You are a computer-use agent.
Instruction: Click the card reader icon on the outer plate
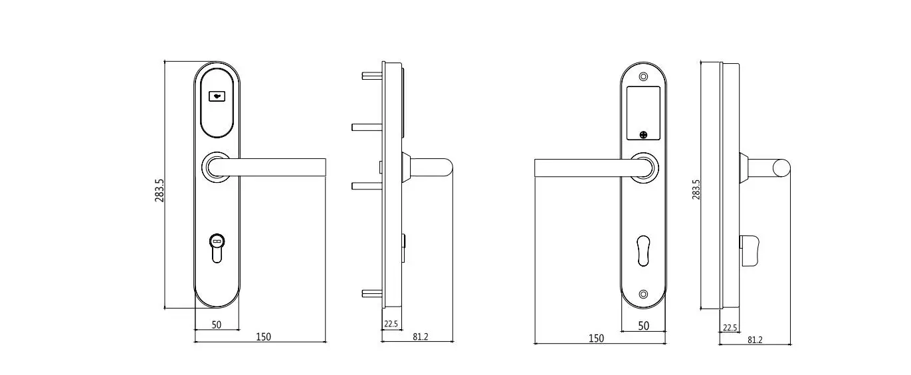click(217, 96)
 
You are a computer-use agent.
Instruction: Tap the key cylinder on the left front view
click(217, 247)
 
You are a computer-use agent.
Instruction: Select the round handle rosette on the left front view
click(216, 166)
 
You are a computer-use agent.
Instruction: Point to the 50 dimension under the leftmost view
click(216, 324)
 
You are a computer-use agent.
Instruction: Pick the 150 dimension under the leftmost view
click(263, 337)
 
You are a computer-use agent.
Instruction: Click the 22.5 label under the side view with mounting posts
click(391, 324)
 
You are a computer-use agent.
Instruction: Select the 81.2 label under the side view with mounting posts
click(420, 337)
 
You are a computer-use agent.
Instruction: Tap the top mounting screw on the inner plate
click(643, 76)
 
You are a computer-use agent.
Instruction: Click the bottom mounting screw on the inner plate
click(643, 295)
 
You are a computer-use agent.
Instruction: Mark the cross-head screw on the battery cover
click(643, 135)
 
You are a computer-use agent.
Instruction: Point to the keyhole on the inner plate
click(643, 251)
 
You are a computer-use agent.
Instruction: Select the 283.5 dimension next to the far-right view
click(696, 189)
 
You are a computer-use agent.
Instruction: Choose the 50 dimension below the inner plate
click(643, 325)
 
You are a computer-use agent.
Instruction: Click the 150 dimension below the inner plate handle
click(596, 338)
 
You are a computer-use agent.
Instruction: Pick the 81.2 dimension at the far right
click(755, 340)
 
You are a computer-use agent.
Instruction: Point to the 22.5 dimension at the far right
click(730, 328)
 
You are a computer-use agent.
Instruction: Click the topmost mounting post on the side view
click(372, 75)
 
